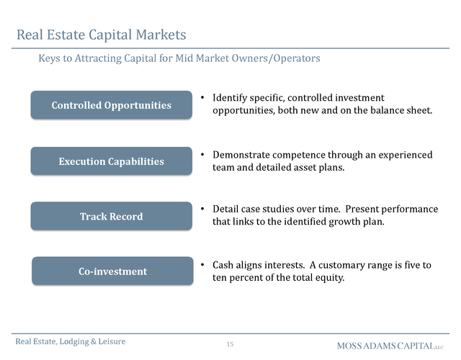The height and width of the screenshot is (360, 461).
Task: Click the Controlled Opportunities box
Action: [112, 105]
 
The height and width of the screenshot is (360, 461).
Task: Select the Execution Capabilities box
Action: [112, 161]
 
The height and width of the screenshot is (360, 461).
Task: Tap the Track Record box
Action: [112, 216]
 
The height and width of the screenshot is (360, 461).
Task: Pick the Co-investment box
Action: [112, 271]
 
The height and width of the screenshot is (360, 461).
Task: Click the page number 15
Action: [230, 344]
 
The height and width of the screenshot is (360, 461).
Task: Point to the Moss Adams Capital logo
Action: [390, 346]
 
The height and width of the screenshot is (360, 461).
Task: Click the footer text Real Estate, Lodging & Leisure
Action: [71, 341]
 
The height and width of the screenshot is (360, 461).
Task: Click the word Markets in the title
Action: [161, 35]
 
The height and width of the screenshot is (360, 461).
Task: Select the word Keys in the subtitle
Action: [49, 58]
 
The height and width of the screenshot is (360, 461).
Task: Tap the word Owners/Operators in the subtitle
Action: [276, 58]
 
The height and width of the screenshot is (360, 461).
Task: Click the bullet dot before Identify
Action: [202, 97]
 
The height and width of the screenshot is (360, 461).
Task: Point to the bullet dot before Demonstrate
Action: [202, 154]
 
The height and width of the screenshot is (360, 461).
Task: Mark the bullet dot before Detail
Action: [202, 209]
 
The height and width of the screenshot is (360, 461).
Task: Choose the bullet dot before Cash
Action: [202, 264]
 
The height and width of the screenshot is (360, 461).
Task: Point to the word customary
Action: [340, 266]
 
